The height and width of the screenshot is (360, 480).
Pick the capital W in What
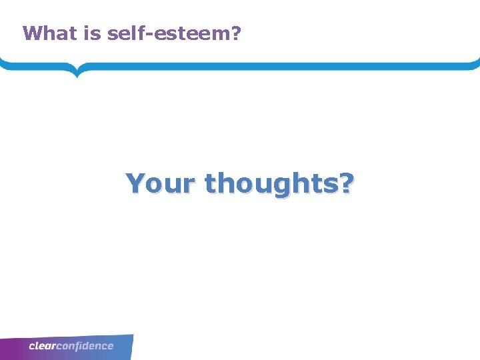(x=31, y=33)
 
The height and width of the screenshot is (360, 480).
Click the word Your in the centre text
(x=161, y=183)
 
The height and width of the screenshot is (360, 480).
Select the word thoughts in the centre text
(x=271, y=183)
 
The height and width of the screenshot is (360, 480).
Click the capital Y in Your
(x=136, y=182)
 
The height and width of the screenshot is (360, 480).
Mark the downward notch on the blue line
(x=77, y=71)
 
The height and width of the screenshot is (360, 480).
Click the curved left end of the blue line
(x=3, y=64)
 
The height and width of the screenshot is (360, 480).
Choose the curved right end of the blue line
(x=476, y=64)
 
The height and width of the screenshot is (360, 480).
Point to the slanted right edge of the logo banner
(x=131, y=347)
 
